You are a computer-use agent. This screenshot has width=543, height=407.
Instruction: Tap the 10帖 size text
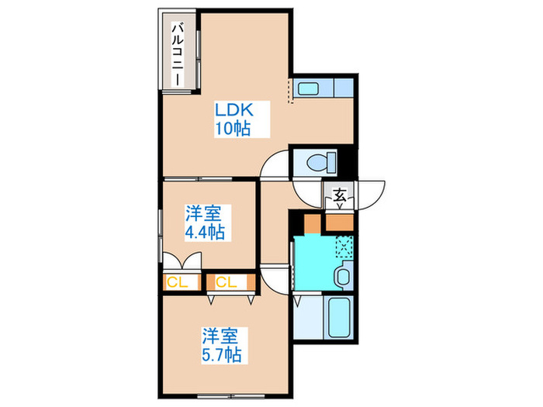pyautogui.click(x=232, y=129)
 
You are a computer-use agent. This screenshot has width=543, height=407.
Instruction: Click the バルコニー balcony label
pyautogui.click(x=177, y=54)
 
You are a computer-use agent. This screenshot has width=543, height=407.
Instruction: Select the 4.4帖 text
pyautogui.click(x=205, y=231)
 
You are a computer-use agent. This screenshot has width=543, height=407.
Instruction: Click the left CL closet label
pyautogui.click(x=177, y=282)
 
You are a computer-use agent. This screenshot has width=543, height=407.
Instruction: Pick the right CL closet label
pyautogui.click(x=226, y=282)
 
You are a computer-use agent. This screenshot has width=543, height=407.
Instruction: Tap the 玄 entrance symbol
pyautogui.click(x=340, y=195)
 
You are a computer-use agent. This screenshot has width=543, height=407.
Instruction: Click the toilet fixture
pyautogui.click(x=318, y=163)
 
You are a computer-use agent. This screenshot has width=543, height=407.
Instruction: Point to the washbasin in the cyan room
pyautogui.click(x=341, y=275)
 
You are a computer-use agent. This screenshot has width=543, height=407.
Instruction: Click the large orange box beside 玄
pyautogui.click(x=339, y=223)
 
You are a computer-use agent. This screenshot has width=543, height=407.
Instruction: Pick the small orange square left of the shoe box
pyautogui.click(x=311, y=223)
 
